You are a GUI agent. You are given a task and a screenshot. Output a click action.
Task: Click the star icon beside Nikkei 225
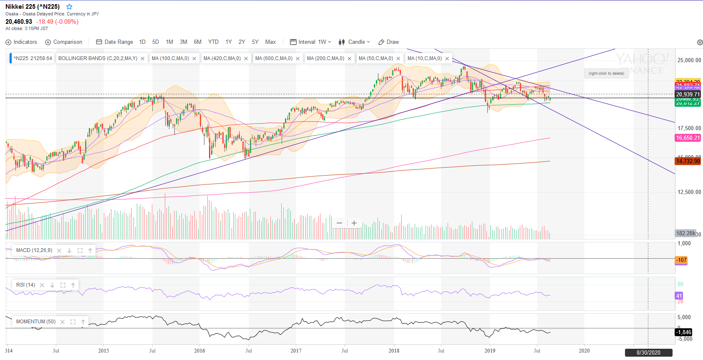(x=69, y=7)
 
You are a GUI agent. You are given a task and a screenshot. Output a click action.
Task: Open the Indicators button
(x=21, y=42)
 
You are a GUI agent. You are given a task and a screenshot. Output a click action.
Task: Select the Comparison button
(x=64, y=42)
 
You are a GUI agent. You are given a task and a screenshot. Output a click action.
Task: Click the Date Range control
(x=114, y=42)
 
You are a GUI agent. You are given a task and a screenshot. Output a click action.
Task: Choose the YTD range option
(x=213, y=42)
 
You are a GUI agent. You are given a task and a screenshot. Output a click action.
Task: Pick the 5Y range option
(x=255, y=42)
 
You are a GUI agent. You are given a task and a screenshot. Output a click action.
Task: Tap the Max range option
(x=270, y=42)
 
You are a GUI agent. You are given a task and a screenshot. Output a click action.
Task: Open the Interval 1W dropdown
(x=311, y=42)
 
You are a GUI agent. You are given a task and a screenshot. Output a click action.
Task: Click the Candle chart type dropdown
(x=354, y=42)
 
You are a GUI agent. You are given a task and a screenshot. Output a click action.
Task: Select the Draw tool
(x=388, y=42)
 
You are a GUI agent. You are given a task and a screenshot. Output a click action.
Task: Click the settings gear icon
(x=700, y=43)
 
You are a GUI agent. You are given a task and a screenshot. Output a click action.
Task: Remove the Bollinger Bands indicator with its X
(x=143, y=59)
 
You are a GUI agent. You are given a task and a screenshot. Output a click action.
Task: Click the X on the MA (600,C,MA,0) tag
(x=298, y=59)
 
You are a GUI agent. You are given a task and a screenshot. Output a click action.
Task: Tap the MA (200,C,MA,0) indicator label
(x=325, y=58)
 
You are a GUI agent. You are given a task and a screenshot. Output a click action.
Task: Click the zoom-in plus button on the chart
(x=354, y=223)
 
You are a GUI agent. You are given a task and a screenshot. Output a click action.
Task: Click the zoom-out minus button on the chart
(x=339, y=223)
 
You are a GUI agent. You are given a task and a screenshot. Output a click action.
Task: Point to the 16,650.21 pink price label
(x=688, y=138)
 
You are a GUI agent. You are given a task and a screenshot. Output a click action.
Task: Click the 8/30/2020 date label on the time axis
(x=648, y=353)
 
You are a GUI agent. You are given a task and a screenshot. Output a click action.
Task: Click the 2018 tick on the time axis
(x=394, y=351)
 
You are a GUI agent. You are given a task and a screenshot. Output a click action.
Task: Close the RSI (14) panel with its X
(x=42, y=285)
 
